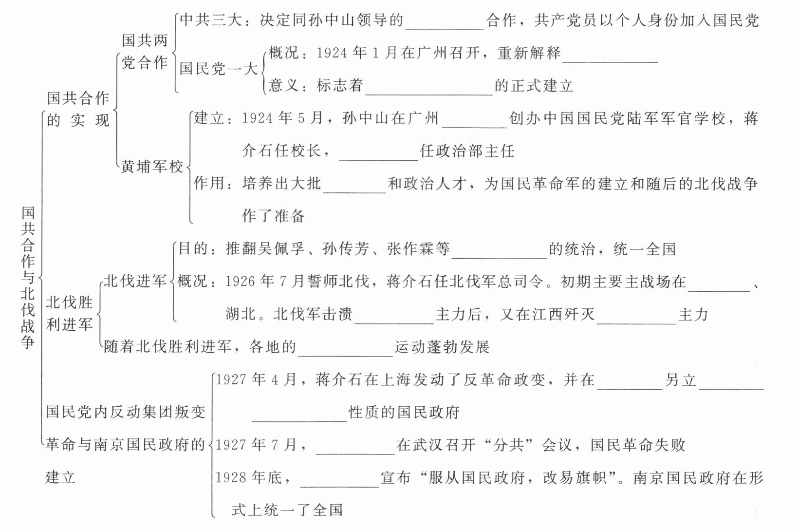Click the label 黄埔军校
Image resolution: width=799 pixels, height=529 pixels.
[151, 167]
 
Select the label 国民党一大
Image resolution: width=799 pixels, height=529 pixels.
[218, 68]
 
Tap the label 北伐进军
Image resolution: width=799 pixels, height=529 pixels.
[135, 281]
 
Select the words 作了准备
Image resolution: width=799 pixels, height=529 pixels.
[273, 216]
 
